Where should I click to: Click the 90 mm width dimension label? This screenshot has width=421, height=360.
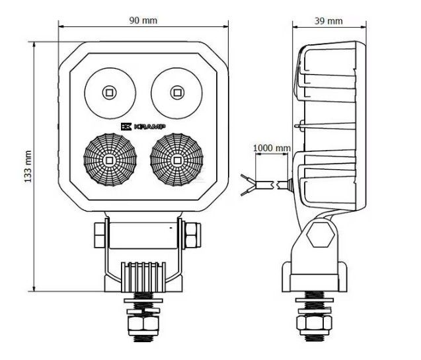click(x=143, y=20)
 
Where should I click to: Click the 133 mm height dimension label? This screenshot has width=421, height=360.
click(x=28, y=166)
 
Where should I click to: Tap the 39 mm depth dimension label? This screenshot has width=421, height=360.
click(x=328, y=21)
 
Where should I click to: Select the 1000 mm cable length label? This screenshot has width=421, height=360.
click(x=272, y=148)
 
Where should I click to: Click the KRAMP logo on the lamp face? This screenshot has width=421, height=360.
click(x=143, y=127)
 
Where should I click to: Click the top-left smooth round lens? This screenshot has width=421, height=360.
click(x=110, y=93)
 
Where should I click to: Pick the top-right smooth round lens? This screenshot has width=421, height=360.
click(x=176, y=93)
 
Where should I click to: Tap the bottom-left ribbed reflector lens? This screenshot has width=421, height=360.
click(x=110, y=160)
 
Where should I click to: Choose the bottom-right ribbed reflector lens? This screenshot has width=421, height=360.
click(x=176, y=160)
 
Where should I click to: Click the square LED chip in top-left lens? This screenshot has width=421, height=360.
click(x=109, y=93)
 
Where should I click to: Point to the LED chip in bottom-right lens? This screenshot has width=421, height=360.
click(x=177, y=161)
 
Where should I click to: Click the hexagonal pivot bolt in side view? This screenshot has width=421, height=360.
click(x=320, y=234)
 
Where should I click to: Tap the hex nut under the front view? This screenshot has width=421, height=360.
click(x=143, y=323)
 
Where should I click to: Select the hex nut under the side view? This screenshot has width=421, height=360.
click(x=314, y=323)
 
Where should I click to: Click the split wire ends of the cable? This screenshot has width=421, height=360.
click(x=248, y=185)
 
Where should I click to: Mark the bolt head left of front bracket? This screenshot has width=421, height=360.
click(x=100, y=235)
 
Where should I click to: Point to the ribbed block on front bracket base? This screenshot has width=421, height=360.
click(x=143, y=277)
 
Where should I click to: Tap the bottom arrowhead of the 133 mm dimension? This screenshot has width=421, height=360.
click(x=34, y=289)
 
